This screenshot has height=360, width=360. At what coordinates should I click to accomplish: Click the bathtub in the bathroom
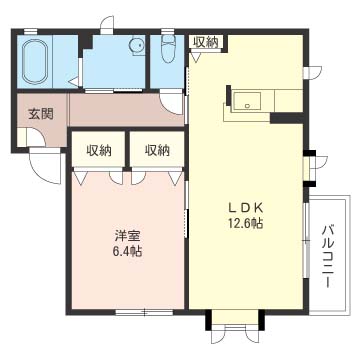35,62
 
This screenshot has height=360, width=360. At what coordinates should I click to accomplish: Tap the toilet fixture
167,50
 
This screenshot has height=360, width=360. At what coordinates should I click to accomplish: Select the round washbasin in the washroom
137,45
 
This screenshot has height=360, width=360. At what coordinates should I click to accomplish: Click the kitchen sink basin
247,100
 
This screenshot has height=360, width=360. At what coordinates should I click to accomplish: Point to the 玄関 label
40,114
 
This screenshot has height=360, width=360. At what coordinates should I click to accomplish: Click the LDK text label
246,208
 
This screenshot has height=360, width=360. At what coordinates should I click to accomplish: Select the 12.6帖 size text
246,223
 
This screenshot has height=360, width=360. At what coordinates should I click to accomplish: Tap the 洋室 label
127,236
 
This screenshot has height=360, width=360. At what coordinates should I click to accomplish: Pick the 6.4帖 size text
127,251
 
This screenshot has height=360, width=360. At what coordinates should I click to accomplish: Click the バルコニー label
328,256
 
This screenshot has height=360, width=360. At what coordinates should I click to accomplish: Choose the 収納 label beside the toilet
206,42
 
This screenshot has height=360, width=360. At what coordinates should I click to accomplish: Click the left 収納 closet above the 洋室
99,151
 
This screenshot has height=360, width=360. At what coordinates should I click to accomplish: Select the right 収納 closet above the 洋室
157,151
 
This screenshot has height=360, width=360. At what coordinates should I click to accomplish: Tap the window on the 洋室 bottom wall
144,312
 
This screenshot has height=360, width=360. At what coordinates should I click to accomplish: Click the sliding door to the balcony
306,240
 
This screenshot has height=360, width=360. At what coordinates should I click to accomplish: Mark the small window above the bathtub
30,31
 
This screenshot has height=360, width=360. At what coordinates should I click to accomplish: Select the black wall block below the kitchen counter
287,118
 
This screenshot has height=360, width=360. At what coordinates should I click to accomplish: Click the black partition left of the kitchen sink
229,96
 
